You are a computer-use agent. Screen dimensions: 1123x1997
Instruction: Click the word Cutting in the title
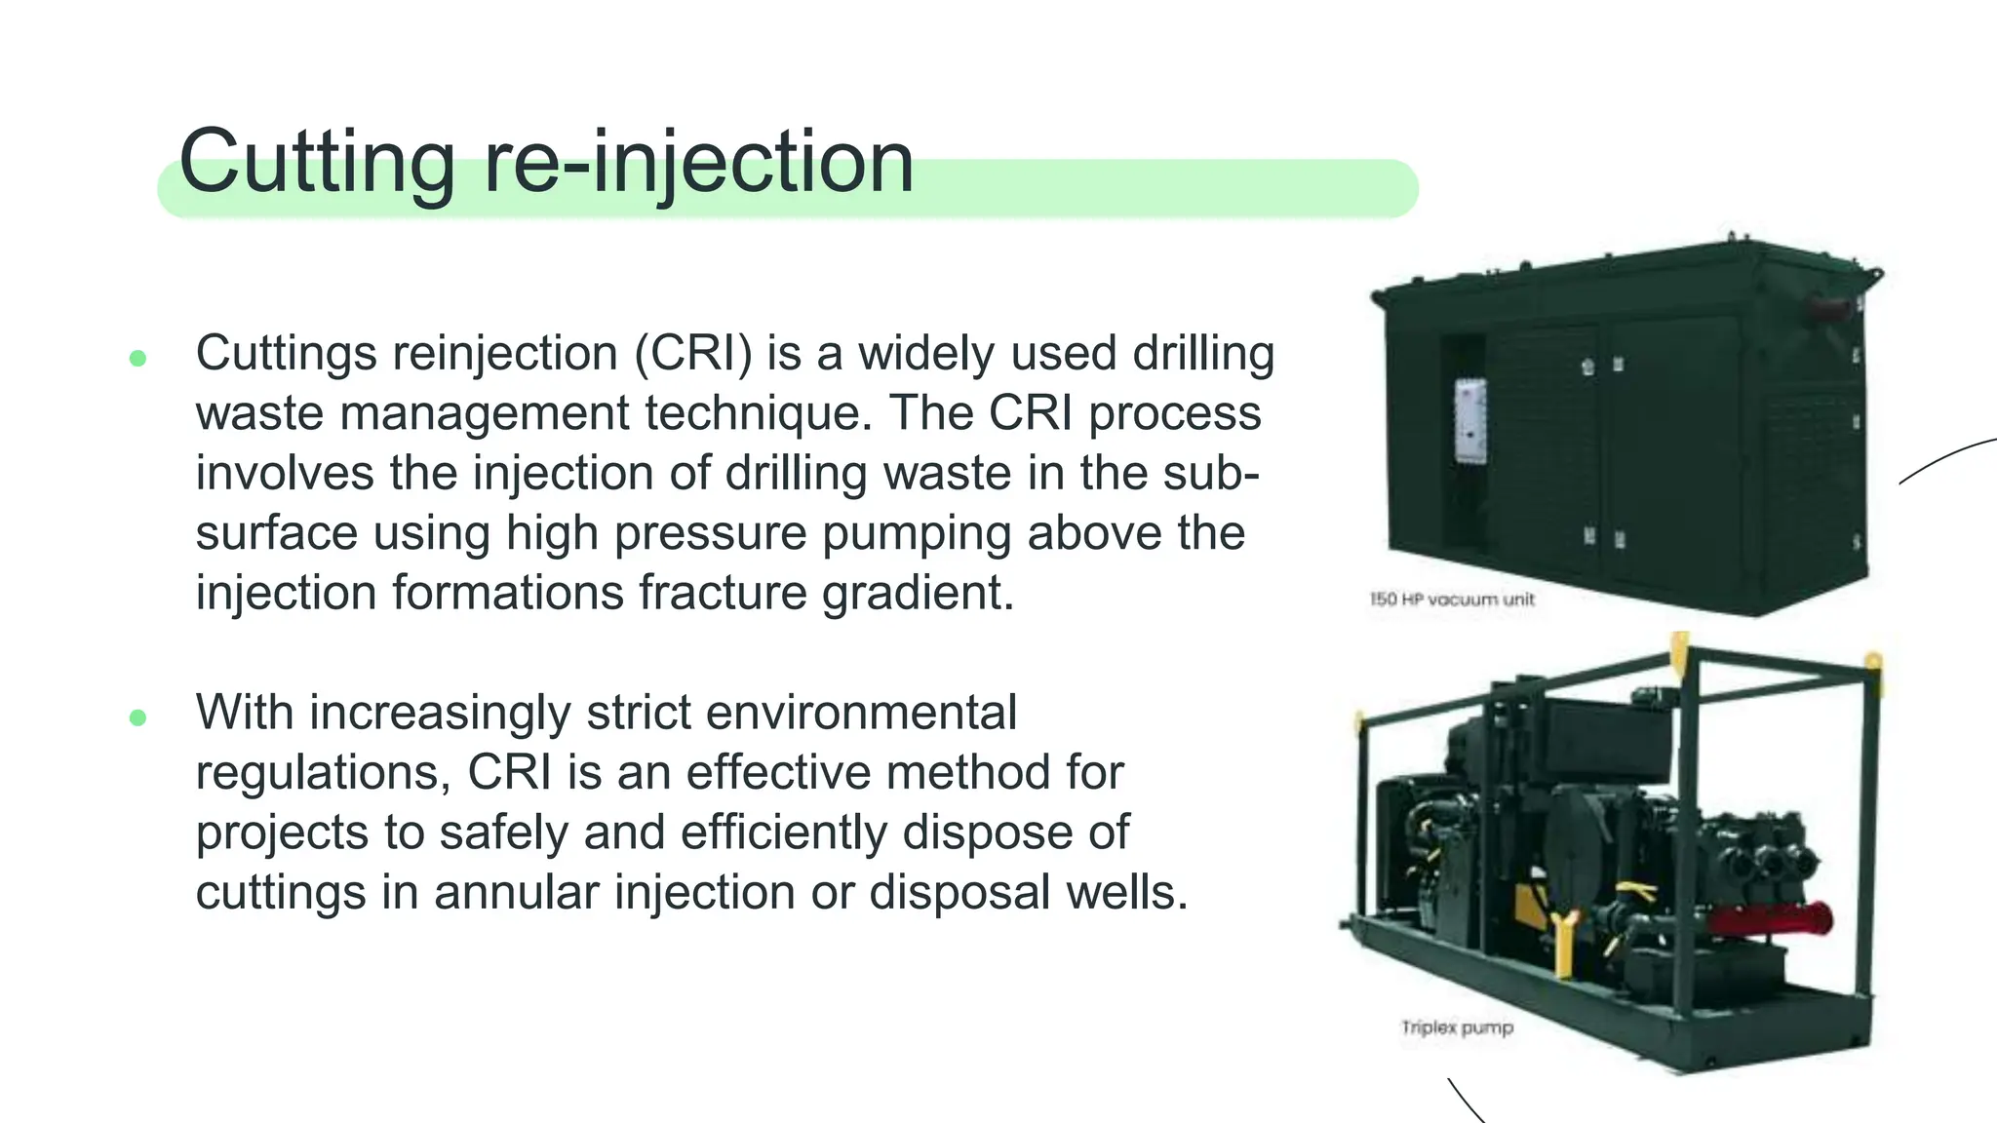[x=317, y=162]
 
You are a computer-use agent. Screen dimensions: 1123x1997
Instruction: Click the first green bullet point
[x=137, y=358]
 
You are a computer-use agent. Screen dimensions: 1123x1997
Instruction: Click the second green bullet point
[x=137, y=718]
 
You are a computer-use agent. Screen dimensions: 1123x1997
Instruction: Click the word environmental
[x=861, y=713]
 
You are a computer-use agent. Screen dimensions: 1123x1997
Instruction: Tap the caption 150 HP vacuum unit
[x=1452, y=600]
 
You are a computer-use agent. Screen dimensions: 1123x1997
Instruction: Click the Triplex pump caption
[x=1457, y=1027]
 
